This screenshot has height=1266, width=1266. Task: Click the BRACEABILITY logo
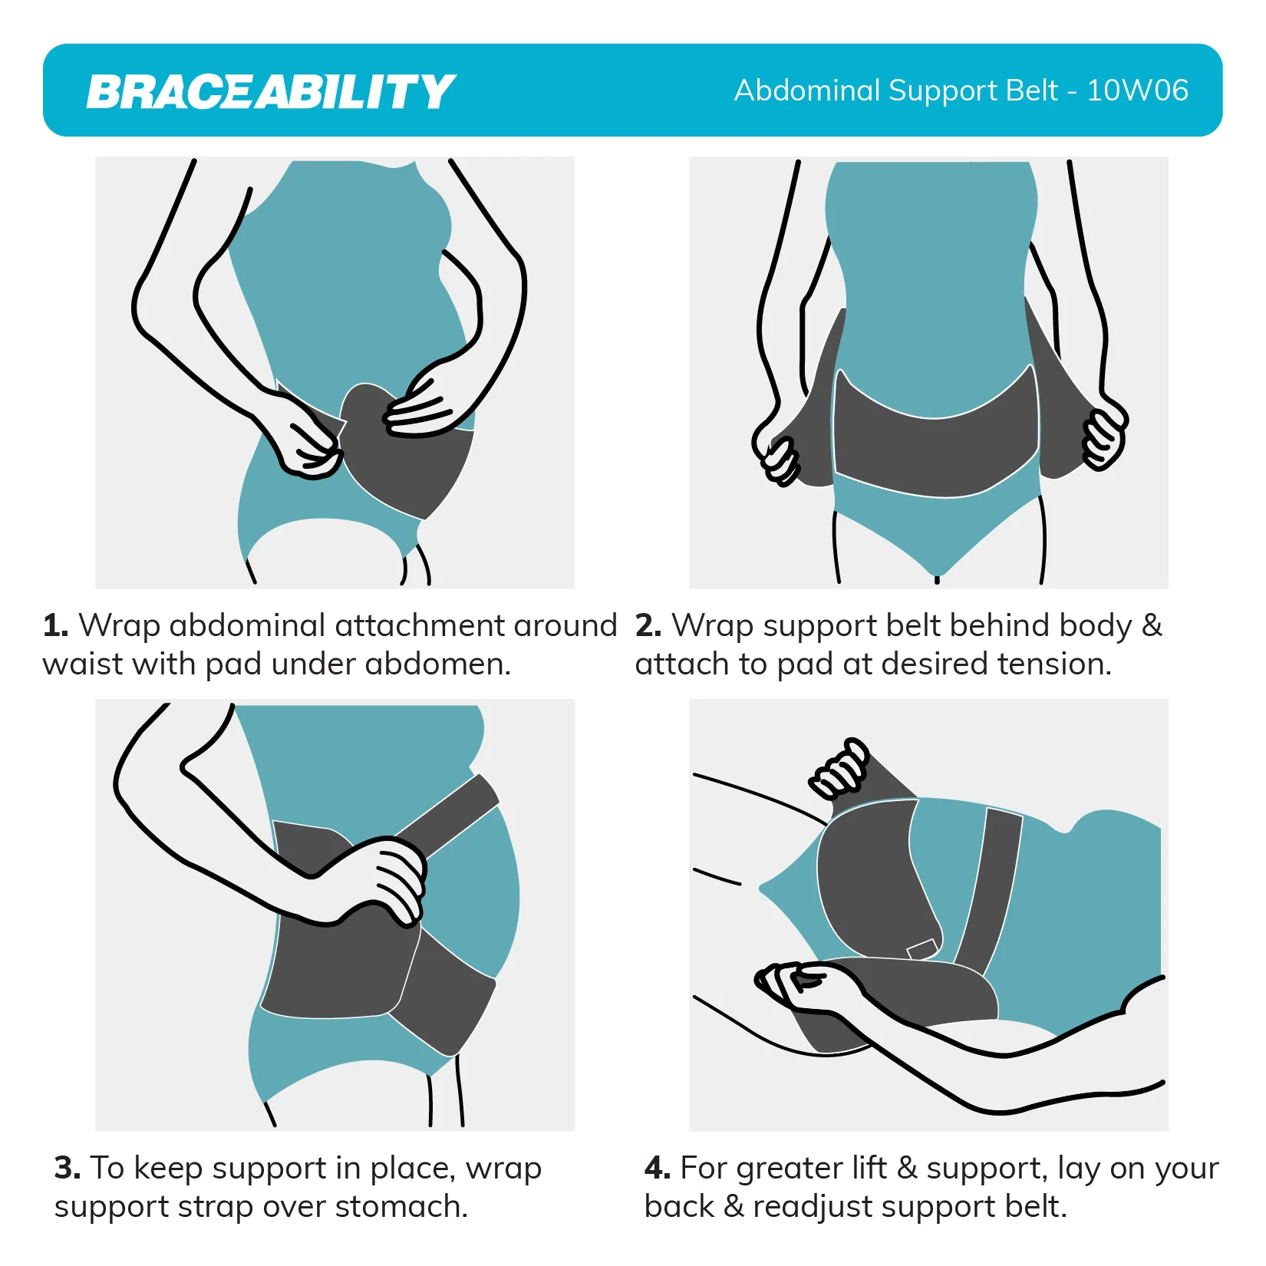click(x=271, y=92)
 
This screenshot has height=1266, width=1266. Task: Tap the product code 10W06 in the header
click(x=1138, y=91)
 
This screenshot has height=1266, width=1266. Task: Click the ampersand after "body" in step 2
click(x=1152, y=625)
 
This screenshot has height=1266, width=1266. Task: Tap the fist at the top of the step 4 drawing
click(x=839, y=769)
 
